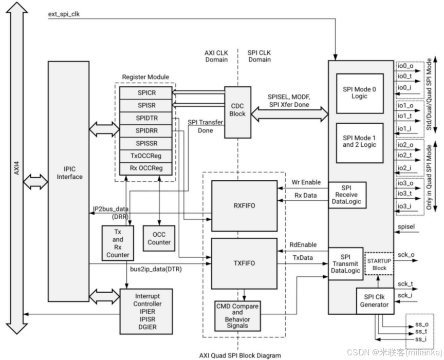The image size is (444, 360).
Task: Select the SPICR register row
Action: pyautogui.click(x=145, y=92)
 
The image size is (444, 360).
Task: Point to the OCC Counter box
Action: pyautogui.click(x=159, y=238)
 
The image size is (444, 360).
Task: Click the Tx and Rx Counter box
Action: pyautogui.click(x=117, y=243)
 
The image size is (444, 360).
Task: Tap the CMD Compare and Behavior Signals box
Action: pyautogui.click(x=237, y=315)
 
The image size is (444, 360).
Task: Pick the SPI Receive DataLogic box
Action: pyautogui.click(x=347, y=195)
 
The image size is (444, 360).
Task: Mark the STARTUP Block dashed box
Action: pyautogui.click(x=378, y=264)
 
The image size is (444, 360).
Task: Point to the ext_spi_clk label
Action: pyautogui.click(x=64, y=14)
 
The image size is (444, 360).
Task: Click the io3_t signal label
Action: pyautogui.click(x=405, y=194)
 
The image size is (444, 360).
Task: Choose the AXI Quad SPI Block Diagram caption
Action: pyautogui.click(x=240, y=355)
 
